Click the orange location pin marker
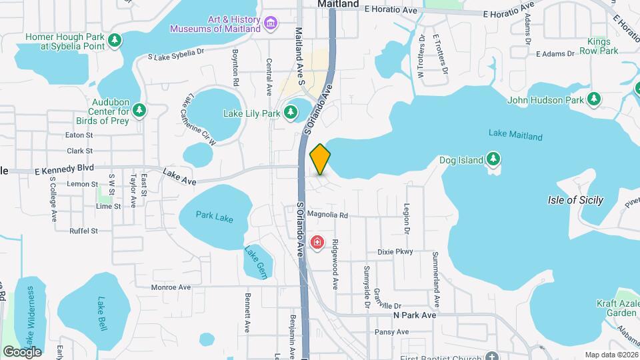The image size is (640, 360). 321,159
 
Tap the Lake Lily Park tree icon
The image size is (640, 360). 291,113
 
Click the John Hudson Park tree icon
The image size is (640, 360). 593,100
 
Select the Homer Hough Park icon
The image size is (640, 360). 115,41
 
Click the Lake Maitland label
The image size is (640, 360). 515,136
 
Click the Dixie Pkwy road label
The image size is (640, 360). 395,252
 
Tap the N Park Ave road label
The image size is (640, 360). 415,315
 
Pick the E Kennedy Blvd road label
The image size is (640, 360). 48,169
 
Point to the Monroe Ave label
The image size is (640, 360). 171,287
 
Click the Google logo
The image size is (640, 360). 22,351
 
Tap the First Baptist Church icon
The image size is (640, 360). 492,356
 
